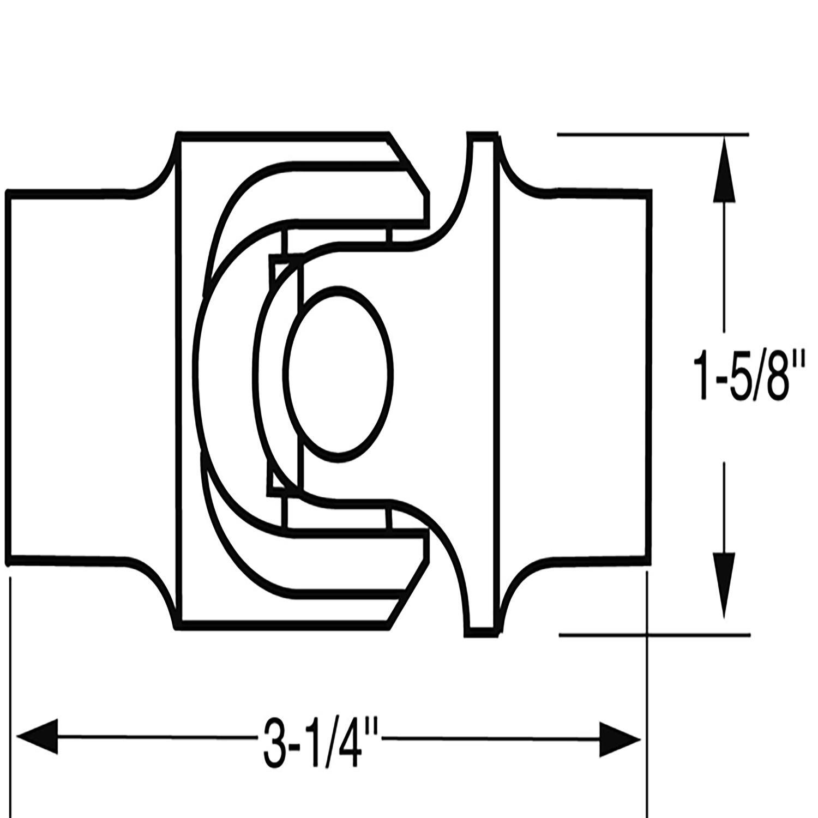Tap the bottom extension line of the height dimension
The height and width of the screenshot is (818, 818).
click(x=654, y=634)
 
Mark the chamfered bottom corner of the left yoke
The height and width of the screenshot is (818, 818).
click(x=409, y=594)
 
